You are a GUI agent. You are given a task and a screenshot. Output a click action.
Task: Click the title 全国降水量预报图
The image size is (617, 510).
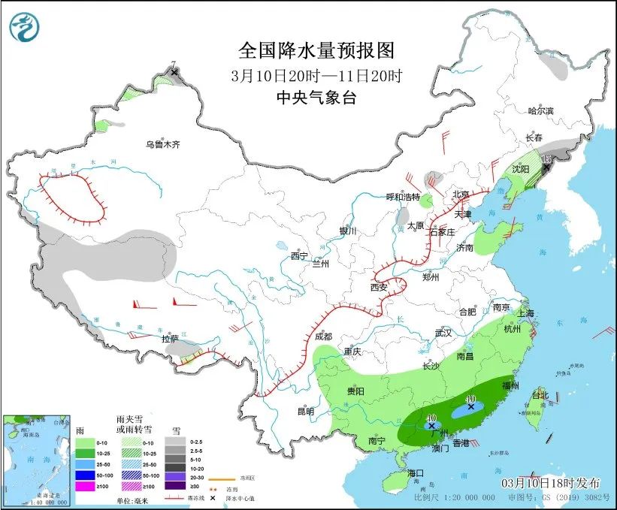point(316,50)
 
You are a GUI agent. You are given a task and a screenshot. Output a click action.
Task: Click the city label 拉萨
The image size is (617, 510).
point(171,339)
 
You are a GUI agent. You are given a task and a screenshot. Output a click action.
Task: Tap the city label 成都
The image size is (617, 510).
point(324,337)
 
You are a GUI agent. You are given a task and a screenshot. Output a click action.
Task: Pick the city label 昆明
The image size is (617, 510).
point(305,411)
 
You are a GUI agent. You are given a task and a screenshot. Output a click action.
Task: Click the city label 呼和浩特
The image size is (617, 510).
point(403,197)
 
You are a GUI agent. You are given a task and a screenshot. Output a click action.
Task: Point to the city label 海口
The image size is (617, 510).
point(416,472)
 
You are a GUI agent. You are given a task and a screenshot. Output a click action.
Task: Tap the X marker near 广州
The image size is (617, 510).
point(431,426)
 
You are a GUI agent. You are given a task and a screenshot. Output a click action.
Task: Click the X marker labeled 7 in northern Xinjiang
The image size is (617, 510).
point(175,73)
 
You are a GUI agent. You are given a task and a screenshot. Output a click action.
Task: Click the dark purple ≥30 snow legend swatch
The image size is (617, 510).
point(174,487)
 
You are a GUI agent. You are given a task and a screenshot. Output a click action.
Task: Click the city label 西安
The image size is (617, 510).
point(378,287)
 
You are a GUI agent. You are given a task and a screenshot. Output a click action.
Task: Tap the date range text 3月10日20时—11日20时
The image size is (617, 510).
point(316,75)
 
